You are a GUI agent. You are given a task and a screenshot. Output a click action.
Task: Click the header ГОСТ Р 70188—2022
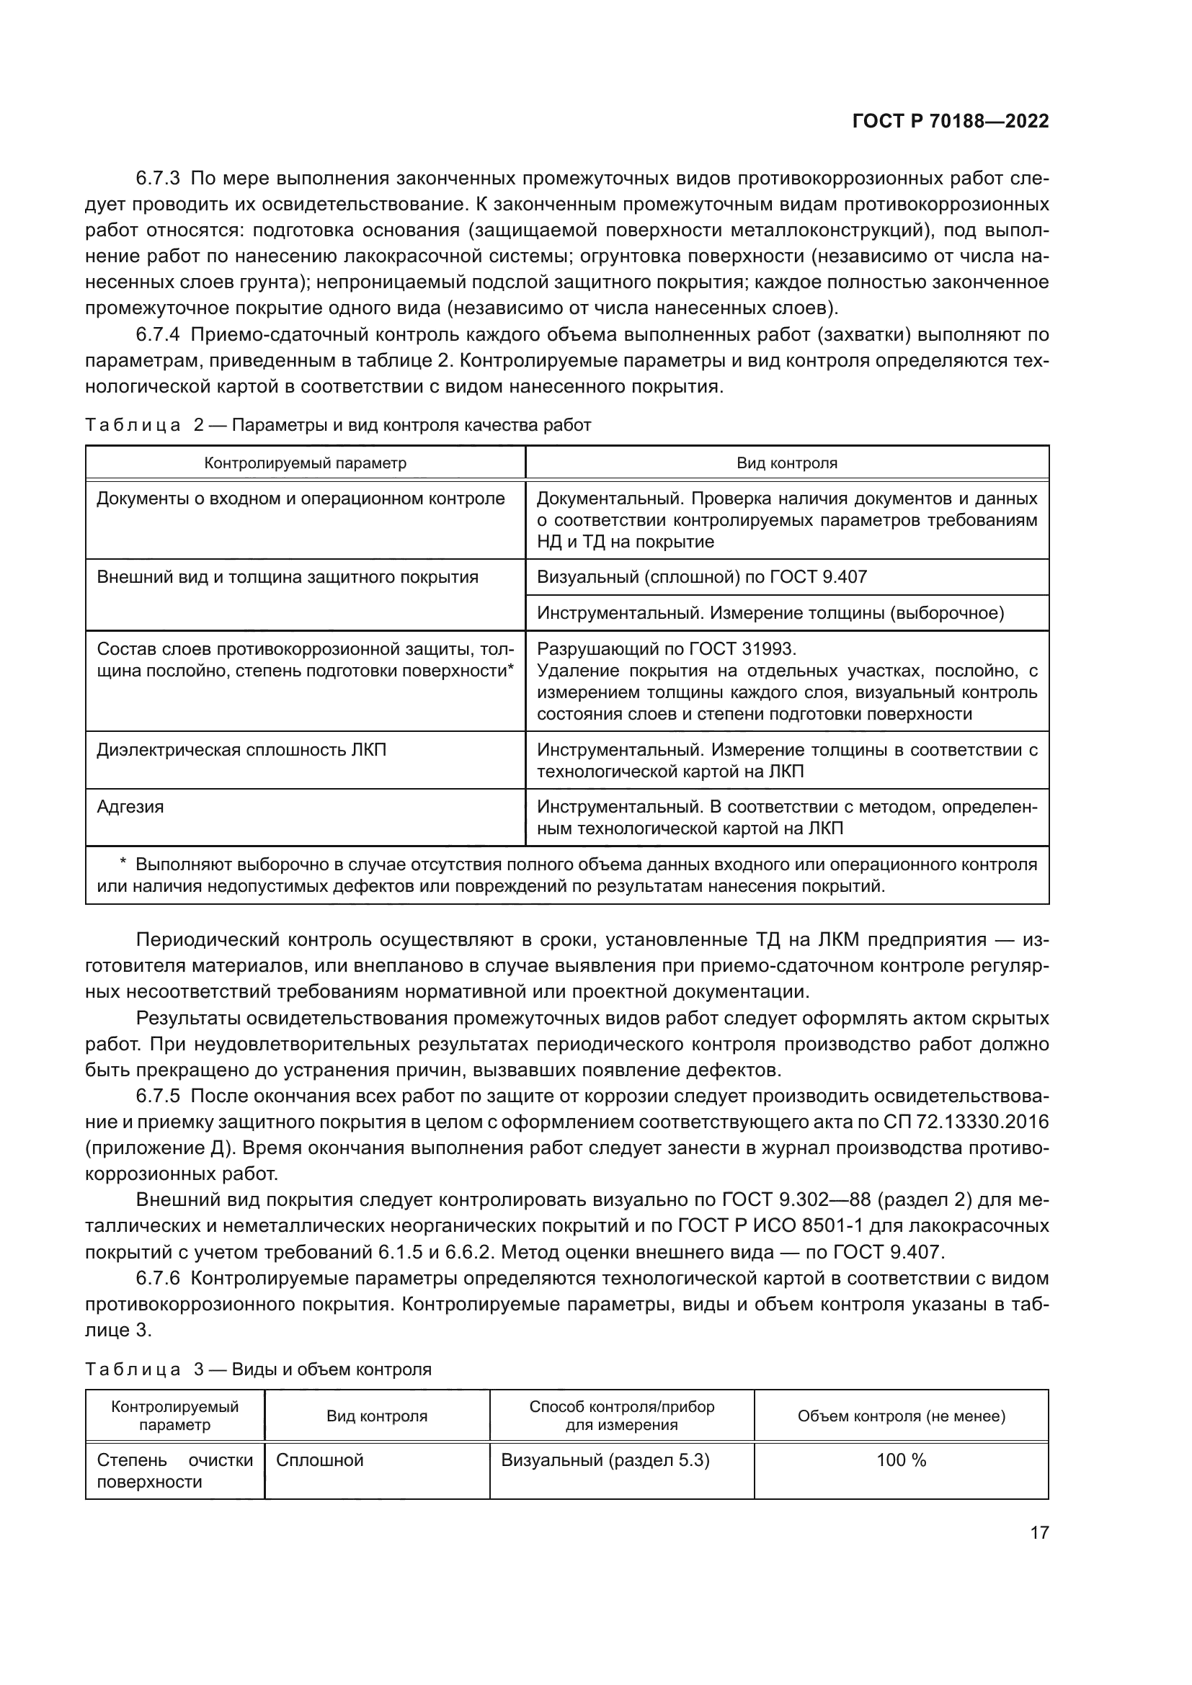(x=951, y=122)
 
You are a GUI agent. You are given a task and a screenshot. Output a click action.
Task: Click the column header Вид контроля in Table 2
(x=787, y=463)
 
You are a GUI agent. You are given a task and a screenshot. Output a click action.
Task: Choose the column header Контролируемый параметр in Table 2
(x=306, y=463)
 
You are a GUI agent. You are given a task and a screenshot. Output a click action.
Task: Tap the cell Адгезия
(x=130, y=807)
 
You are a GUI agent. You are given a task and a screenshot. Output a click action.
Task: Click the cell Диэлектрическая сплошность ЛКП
(x=241, y=749)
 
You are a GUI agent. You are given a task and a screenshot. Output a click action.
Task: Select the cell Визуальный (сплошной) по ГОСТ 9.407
(x=702, y=577)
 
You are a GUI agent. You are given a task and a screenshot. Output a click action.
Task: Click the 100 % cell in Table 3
(x=902, y=1460)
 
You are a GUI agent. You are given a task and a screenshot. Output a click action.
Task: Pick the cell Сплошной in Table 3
(x=320, y=1460)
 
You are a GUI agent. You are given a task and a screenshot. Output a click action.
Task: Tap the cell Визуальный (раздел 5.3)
(x=605, y=1460)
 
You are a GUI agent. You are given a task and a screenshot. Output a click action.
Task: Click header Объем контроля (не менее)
(x=902, y=1416)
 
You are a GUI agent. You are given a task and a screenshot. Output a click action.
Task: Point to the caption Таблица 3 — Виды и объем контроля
(x=259, y=1369)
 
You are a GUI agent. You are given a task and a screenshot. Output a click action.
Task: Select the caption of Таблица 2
(x=337, y=425)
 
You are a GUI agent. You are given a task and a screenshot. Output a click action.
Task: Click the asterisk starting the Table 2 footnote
(x=123, y=863)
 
